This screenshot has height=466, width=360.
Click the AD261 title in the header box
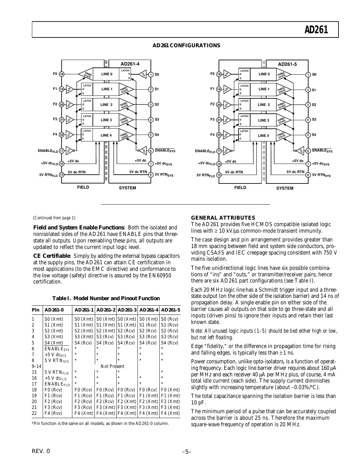pos(316,30)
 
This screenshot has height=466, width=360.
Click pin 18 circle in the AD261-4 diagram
pos(62,74)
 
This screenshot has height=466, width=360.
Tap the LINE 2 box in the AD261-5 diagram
pos(264,105)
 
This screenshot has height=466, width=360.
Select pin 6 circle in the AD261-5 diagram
pos(308,151)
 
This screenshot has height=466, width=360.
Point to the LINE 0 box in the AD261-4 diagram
pos(107,74)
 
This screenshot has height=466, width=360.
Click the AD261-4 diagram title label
pos(130,64)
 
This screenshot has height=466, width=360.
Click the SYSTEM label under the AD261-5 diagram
pos(285,188)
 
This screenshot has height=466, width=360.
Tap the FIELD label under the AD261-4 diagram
pos(83,187)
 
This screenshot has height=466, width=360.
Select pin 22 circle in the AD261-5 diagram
pos(219,135)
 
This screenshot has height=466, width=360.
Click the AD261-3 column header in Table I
pos(127,309)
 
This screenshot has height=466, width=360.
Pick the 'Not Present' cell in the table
pos(112,366)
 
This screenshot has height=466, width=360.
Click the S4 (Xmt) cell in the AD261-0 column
pos(54,342)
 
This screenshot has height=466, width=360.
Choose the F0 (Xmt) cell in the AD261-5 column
pos(170,389)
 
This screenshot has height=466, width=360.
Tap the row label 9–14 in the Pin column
pos(36,366)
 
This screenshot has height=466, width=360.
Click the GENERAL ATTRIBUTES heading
pos(223,218)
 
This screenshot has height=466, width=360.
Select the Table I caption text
pos(106,298)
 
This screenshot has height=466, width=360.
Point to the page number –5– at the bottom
pos(187,451)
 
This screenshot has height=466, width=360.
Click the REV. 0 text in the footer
pos(41,451)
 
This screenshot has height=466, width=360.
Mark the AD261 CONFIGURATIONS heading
pos(186,45)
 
